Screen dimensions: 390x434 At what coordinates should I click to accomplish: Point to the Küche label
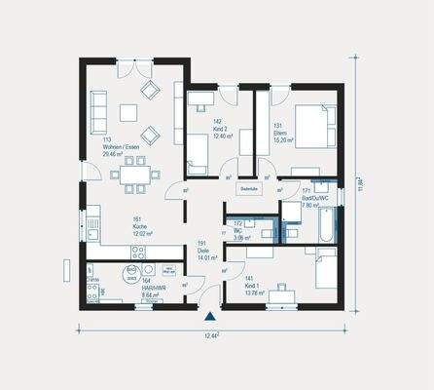(x=114, y=226)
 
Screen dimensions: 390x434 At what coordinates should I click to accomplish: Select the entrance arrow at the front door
(x=208, y=316)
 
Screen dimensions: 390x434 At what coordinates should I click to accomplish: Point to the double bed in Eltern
(x=310, y=126)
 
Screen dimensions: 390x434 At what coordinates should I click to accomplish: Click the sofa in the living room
(x=99, y=111)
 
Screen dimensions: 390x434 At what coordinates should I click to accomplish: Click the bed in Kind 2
(x=198, y=153)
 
